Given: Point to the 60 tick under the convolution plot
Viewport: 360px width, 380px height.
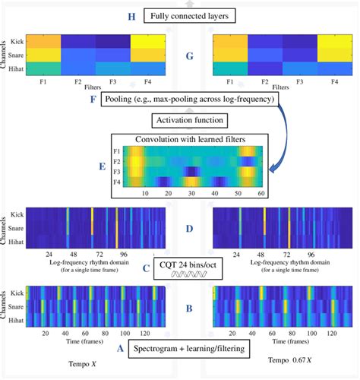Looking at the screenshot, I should pyautogui.click(x=260, y=195).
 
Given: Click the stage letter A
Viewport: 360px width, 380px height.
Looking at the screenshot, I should pyautogui.click(x=119, y=350).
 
